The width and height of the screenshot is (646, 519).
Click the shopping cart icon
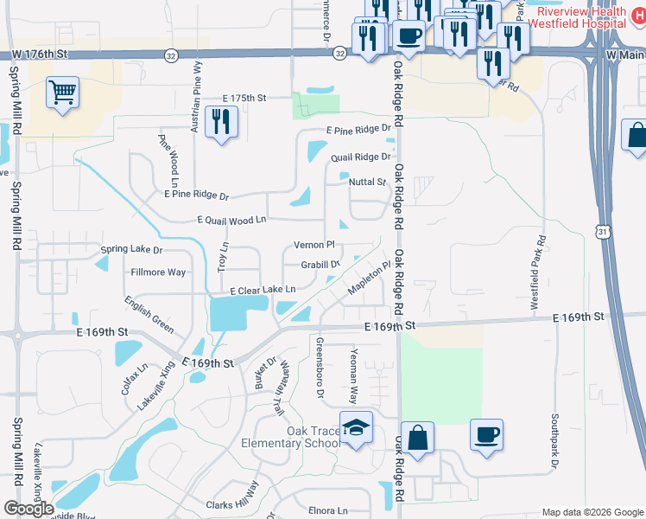click(61, 91)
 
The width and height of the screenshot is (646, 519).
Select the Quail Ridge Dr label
click(360, 157)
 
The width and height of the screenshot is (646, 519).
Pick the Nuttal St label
click(367, 182)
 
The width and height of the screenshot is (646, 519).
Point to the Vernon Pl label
click(313, 246)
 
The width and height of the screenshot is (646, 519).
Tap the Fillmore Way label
click(157, 272)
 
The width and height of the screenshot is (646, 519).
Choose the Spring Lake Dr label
click(131, 250)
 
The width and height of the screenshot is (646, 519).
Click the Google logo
click(28, 508)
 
